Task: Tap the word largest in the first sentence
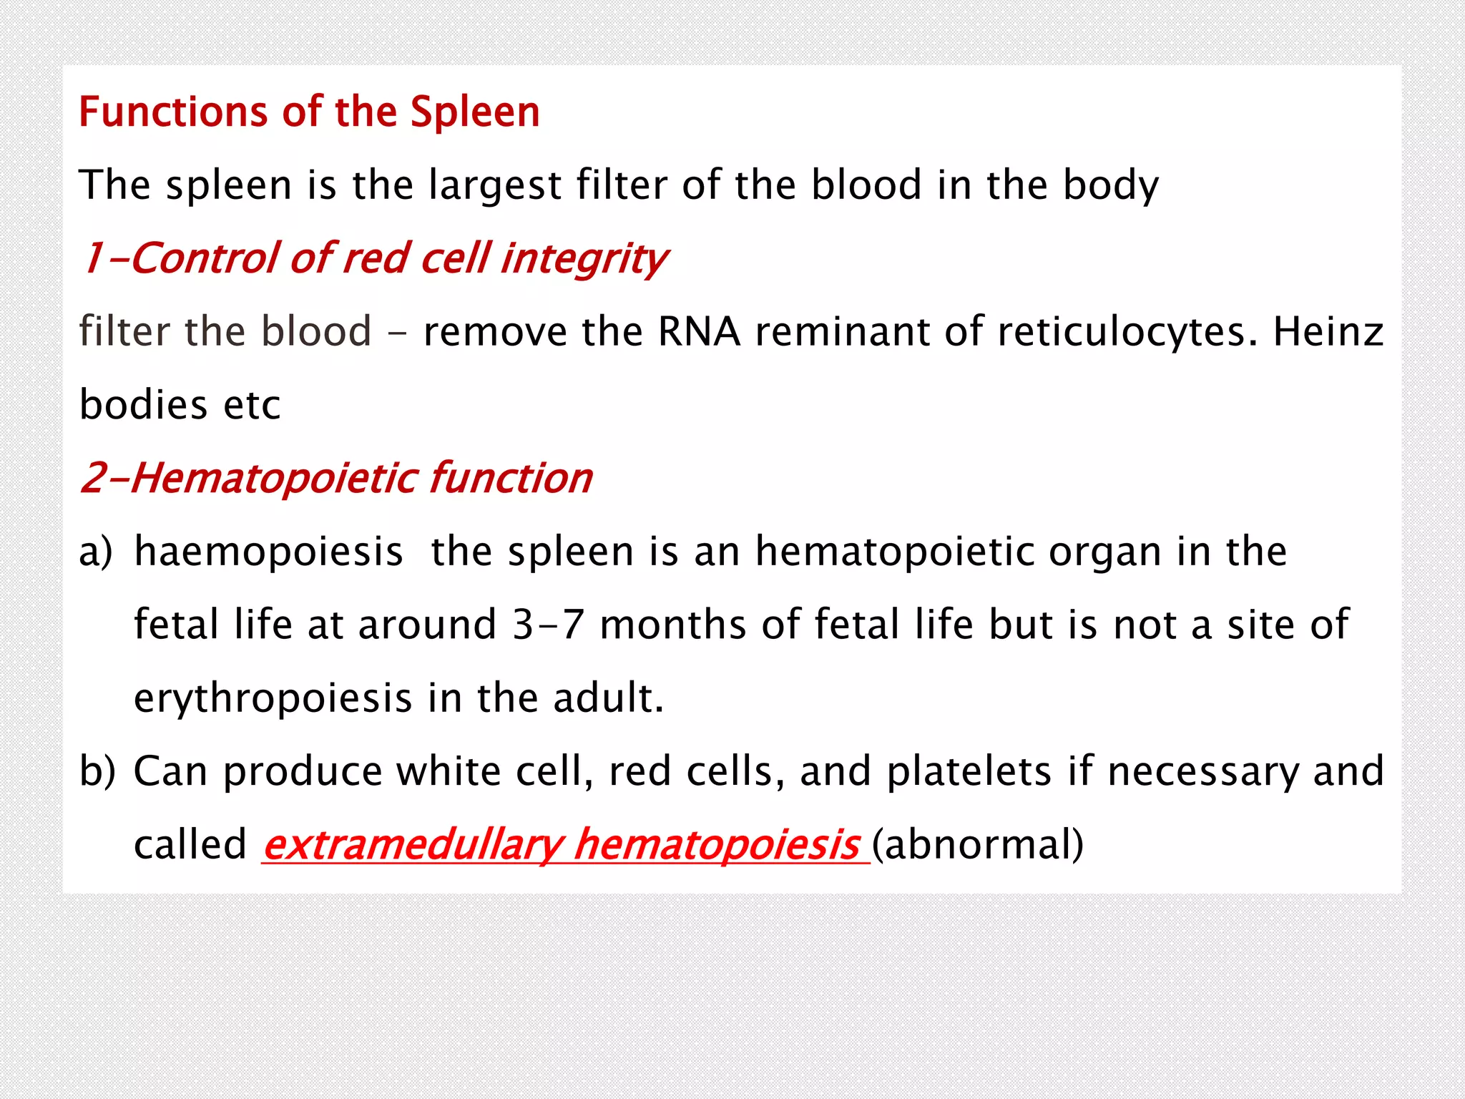point(494,185)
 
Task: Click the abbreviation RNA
point(698,332)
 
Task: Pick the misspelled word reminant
point(842,332)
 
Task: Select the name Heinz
point(1328,332)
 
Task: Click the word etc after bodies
point(252,405)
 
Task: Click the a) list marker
point(96,552)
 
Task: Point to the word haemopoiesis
point(268,552)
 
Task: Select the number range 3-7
point(548,625)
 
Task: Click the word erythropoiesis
point(273,698)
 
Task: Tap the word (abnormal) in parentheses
point(977,845)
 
